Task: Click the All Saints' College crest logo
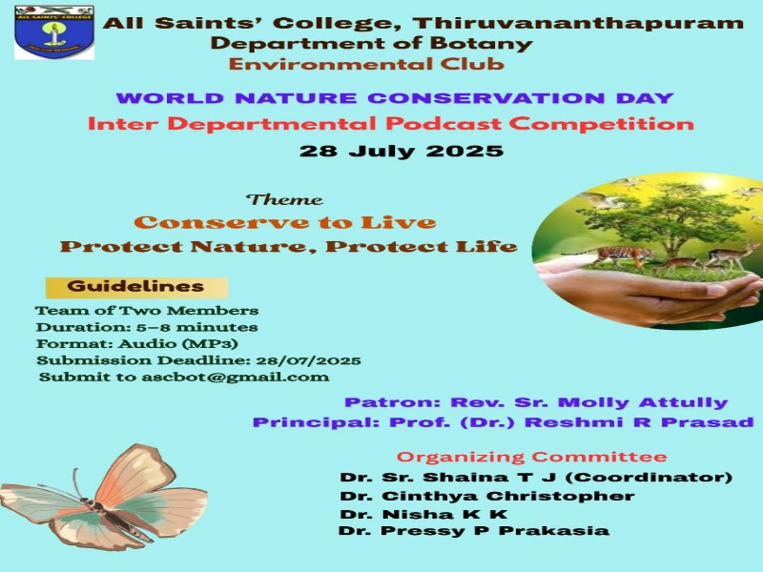[x=54, y=32]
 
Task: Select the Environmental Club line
[x=366, y=64]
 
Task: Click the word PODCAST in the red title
[x=443, y=124]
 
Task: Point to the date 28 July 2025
[x=402, y=151]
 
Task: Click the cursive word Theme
[x=284, y=199]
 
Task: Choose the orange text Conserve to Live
[x=285, y=222]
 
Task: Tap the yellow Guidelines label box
[x=136, y=287]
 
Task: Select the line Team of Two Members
[x=147, y=311]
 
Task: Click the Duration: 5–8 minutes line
[x=147, y=327]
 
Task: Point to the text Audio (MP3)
[x=178, y=344]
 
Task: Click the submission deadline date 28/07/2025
[x=308, y=361]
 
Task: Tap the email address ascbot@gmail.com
[x=236, y=378]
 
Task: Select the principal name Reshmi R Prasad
[x=639, y=422]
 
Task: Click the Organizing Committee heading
[x=531, y=457]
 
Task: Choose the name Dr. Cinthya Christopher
[x=487, y=496]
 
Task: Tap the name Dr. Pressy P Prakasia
[x=474, y=530]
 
